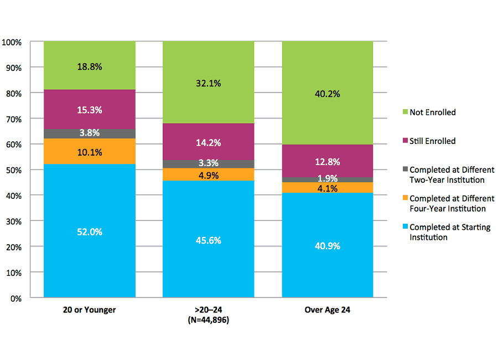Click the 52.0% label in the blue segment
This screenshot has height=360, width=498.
click(89, 232)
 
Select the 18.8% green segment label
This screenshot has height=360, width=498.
click(89, 66)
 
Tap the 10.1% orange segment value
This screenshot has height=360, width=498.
click(89, 152)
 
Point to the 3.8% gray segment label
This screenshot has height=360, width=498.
click(89, 133)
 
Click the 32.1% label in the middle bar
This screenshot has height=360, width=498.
click(208, 84)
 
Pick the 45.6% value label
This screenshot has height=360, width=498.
click(208, 240)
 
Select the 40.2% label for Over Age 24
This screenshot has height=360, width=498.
click(327, 94)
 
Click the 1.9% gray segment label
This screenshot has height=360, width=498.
click(327, 178)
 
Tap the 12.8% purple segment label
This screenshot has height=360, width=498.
click(327, 162)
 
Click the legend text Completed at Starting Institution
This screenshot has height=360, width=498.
click(449, 232)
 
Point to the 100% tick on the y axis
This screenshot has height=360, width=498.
click(12, 42)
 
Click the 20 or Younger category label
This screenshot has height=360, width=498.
click(89, 310)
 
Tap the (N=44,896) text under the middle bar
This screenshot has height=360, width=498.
click(208, 320)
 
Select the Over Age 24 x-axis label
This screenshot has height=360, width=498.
click(327, 310)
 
